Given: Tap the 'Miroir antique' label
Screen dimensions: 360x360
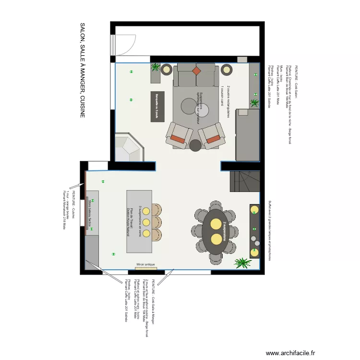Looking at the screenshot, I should click(146, 264).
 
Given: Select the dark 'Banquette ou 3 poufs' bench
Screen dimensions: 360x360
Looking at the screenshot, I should click(157, 107).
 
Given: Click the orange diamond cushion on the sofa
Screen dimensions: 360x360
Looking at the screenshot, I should click(196, 71).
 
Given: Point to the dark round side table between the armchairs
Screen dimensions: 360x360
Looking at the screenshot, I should click(195, 145).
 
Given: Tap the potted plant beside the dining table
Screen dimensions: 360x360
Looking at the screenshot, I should click(242, 263).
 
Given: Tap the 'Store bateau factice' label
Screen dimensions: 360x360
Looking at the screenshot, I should click(90, 212).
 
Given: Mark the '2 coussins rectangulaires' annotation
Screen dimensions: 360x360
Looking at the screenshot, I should click(229, 101).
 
